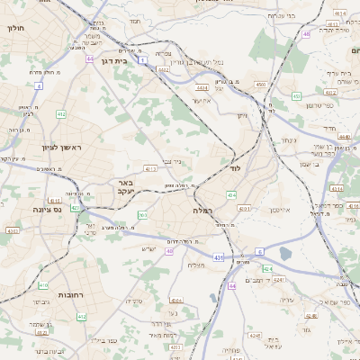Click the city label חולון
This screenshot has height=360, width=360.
click(15, 29)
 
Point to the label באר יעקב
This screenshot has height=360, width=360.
click(125, 186)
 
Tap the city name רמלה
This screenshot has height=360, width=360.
click(201, 210)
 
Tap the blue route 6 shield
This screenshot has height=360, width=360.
click(260, 251)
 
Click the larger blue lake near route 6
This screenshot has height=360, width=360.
click(285, 254)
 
